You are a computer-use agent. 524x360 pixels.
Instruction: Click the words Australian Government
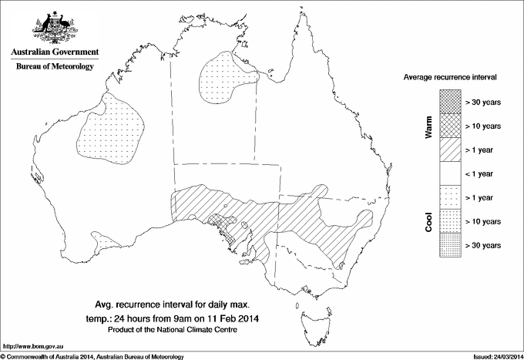(54, 52)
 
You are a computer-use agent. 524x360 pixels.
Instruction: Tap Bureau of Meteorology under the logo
(54, 67)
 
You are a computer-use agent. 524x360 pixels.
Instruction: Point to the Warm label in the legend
(428, 126)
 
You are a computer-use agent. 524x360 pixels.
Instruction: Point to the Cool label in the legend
(428, 221)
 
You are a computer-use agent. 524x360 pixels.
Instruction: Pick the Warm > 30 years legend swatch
(450, 102)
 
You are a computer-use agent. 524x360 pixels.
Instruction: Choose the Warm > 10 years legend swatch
(450, 126)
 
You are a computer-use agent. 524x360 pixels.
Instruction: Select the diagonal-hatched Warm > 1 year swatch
(450, 150)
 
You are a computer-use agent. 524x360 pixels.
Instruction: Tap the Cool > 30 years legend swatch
(450, 245)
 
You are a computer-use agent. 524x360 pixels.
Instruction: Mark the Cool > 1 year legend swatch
(450, 197)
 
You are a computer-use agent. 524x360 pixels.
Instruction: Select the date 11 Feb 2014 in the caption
(231, 316)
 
